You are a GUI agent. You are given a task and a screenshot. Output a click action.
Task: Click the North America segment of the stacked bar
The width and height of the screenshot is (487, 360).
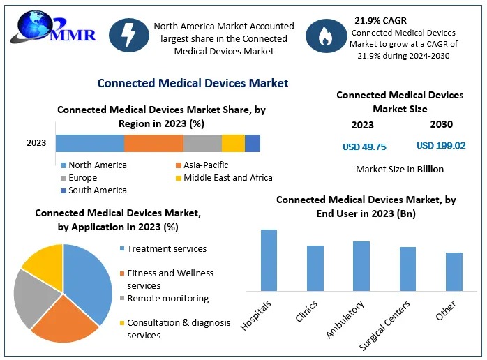pos(90,143)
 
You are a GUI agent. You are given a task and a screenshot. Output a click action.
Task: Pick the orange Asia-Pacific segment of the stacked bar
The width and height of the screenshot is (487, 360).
pos(153,143)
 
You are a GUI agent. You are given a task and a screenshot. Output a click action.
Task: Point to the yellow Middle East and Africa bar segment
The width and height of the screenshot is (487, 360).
pos(233,143)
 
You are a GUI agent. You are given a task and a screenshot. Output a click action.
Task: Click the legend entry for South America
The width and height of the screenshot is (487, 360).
pos(94,190)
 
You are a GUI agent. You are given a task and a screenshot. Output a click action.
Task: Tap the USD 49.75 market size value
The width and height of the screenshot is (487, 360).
pos(364,147)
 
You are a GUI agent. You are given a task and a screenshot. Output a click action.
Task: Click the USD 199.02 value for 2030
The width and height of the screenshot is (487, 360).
pos(441,146)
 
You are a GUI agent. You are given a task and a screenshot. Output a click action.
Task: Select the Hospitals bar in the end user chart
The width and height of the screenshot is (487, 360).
pos(269,260)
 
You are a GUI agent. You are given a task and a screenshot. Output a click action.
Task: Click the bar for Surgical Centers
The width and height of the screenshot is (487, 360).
pos(407,268)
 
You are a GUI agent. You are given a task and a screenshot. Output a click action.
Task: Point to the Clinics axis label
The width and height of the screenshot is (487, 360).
pos(307,310)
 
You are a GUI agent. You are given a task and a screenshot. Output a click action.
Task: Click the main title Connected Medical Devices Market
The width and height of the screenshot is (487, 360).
pos(193,83)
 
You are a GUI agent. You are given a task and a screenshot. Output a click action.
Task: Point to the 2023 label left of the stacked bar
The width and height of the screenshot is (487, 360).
pos(36,143)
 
